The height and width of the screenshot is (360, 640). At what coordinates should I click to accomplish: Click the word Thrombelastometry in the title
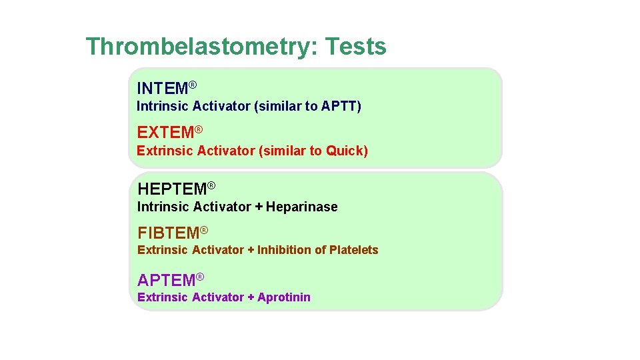(202, 47)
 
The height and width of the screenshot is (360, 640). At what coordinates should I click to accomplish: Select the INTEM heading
(162, 88)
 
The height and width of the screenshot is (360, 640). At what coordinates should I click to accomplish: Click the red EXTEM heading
(165, 133)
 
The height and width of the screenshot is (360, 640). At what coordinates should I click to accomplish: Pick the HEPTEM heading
(172, 189)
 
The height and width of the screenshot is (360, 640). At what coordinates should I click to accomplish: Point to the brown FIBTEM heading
(168, 233)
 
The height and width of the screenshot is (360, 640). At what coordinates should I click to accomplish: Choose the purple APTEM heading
(166, 280)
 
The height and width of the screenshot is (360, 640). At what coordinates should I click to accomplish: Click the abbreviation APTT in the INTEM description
(339, 106)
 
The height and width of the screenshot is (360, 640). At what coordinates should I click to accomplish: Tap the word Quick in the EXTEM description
(345, 151)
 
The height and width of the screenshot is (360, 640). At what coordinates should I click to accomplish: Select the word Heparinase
(302, 207)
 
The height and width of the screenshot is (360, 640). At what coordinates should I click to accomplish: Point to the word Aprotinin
(284, 297)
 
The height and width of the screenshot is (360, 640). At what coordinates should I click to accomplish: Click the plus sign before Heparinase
(259, 207)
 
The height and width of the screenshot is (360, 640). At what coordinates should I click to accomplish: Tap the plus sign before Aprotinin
(251, 297)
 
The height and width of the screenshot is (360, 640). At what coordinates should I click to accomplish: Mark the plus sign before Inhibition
(251, 250)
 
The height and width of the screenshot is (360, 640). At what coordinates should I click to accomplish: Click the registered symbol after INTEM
(192, 85)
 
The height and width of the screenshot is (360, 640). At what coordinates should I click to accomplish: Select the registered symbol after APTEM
(199, 277)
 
